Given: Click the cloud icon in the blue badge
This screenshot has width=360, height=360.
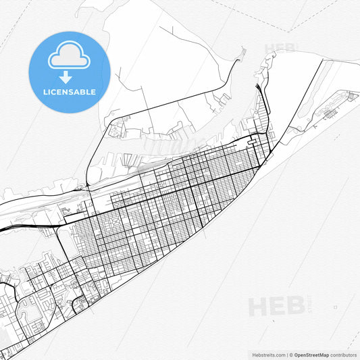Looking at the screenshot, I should (x=68, y=57).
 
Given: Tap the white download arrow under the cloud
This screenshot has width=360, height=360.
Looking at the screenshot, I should (x=68, y=76).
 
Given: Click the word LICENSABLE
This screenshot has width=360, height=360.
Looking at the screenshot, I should (x=68, y=92).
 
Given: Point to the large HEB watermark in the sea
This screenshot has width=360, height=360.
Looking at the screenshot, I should (x=275, y=306).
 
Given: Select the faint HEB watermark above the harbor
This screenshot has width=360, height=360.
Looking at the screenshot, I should (x=279, y=49).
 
